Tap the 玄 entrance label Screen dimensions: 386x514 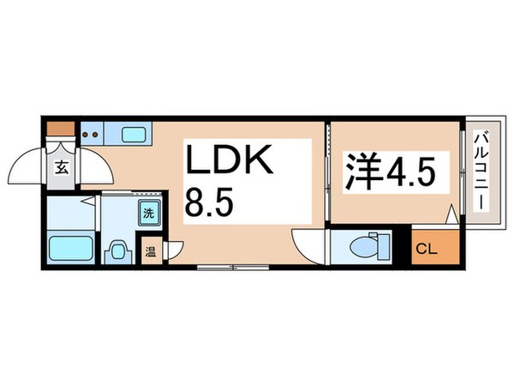(62, 167)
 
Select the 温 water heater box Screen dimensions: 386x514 (150, 252)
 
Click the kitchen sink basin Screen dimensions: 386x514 (133, 134)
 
